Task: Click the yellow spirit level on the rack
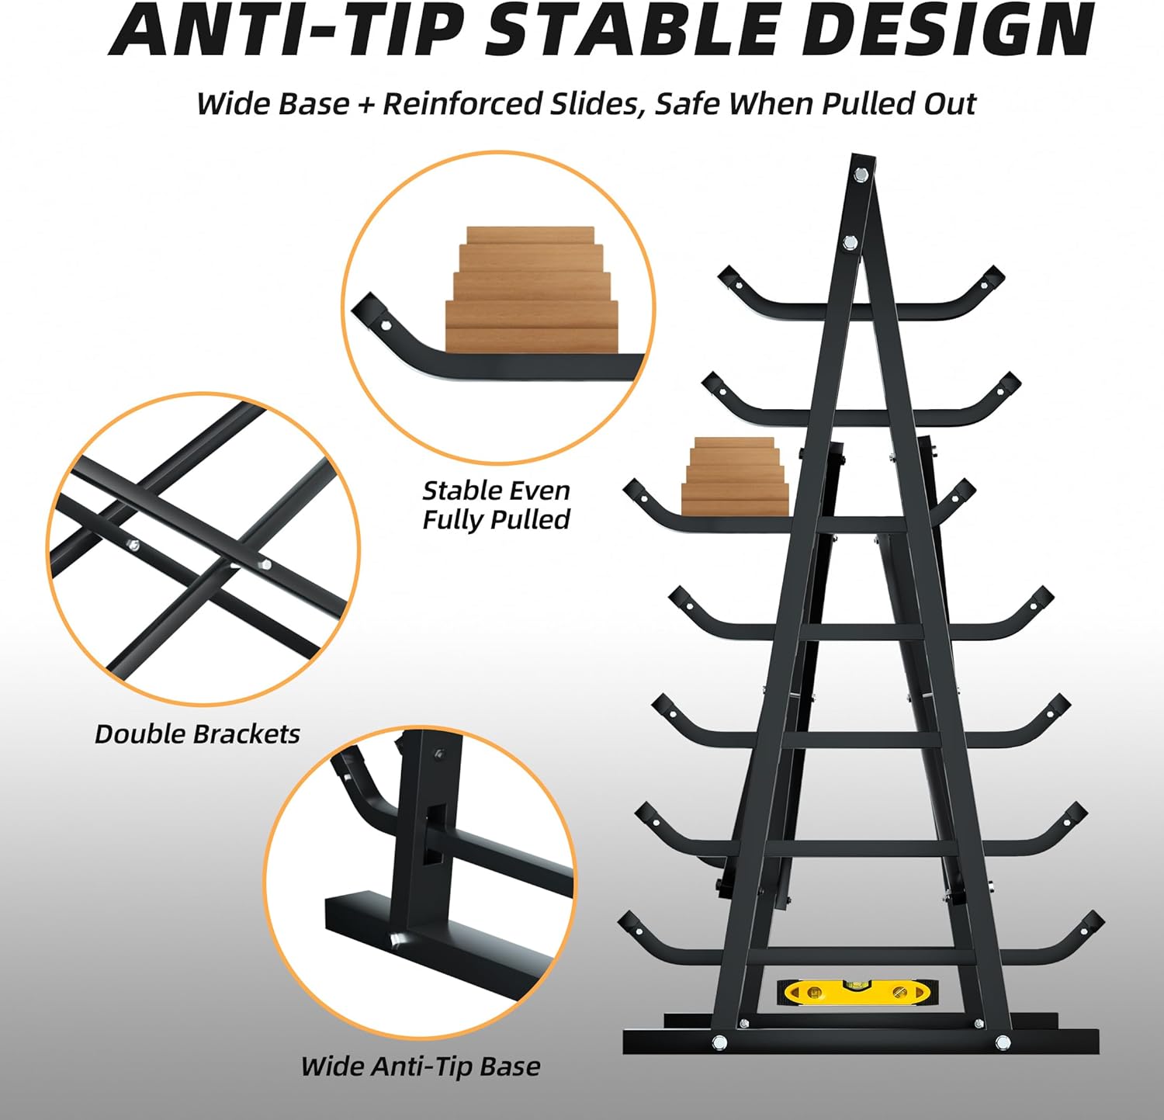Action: [857, 991]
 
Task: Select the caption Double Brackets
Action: [197, 734]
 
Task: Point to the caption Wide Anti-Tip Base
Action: [420, 1066]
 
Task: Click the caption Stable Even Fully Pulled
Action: [497, 505]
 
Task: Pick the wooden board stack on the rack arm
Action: [735, 476]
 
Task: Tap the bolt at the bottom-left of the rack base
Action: [719, 1041]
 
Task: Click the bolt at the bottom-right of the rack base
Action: [1003, 1042]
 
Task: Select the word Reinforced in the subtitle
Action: [462, 103]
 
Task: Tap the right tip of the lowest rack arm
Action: [1093, 921]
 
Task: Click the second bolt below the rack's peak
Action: [850, 243]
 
